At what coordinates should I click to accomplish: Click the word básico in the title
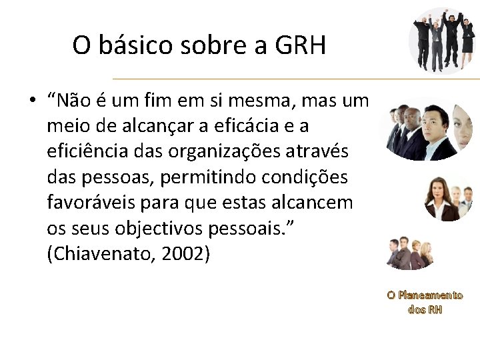point(133,46)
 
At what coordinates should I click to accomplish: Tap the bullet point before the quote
point(31,101)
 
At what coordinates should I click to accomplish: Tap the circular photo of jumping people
point(442,39)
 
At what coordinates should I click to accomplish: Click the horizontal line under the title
point(293,79)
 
